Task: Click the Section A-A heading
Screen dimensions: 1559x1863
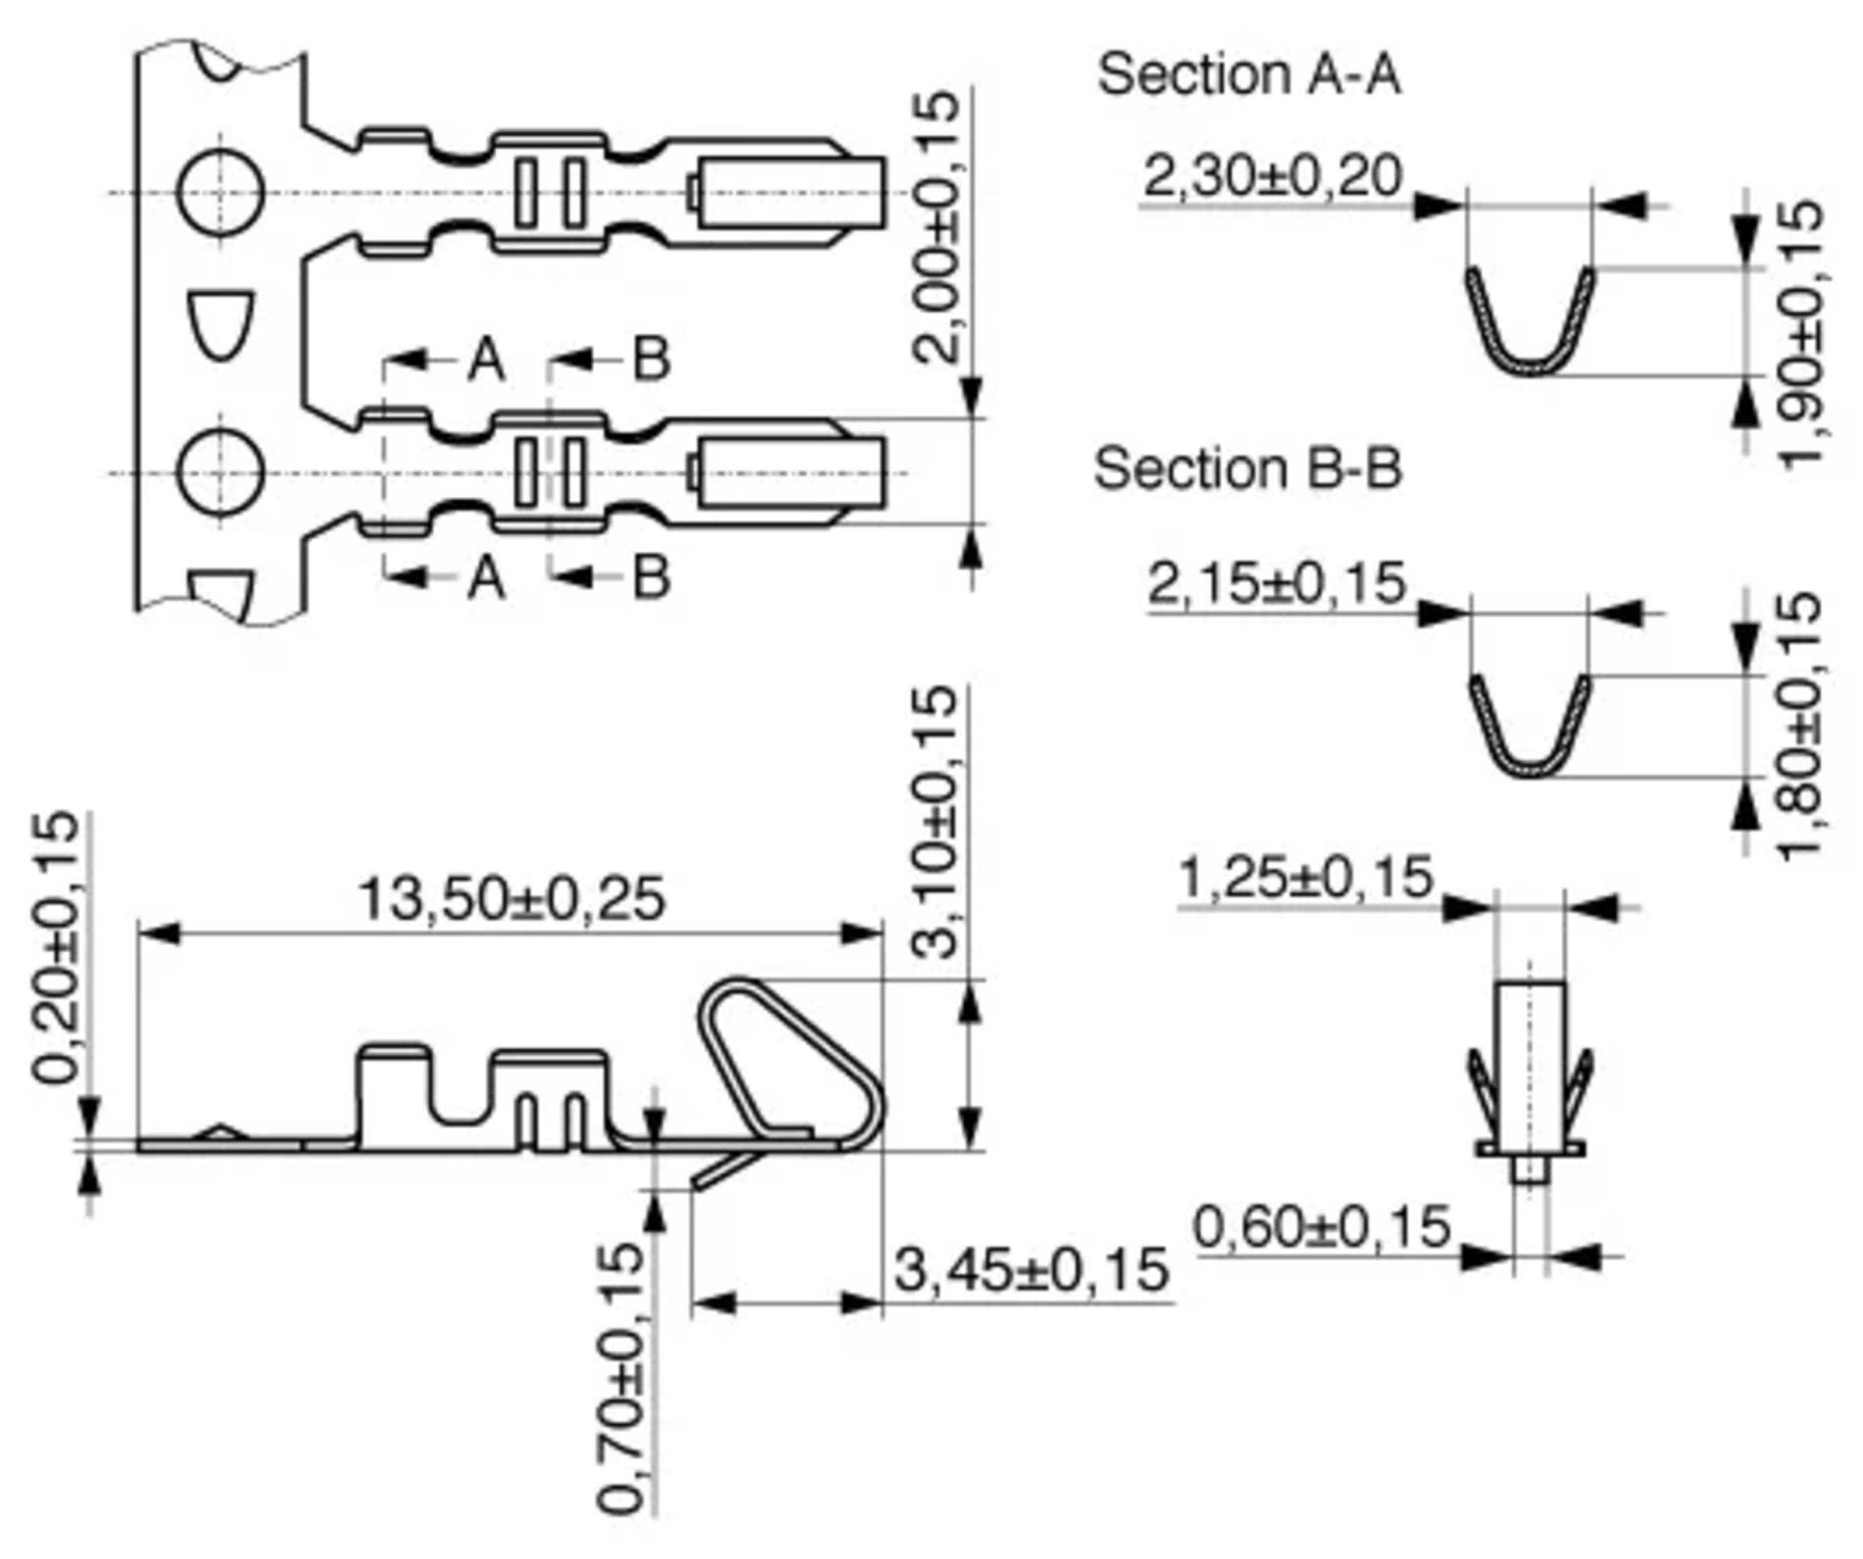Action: pos(1249,75)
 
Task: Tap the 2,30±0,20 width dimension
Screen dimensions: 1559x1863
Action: pos(1272,175)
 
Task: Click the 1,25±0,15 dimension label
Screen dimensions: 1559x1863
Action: pos(1305,878)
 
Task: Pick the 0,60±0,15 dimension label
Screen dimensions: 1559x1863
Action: pos(1321,1228)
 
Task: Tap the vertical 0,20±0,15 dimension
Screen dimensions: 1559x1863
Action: pos(55,948)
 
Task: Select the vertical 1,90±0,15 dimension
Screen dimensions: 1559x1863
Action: pos(1801,335)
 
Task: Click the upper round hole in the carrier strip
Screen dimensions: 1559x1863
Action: pos(220,193)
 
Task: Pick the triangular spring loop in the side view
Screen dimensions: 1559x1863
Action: pos(781,1061)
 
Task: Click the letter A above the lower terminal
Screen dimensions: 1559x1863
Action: pos(486,360)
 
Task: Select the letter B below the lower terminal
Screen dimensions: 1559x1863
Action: pos(651,578)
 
